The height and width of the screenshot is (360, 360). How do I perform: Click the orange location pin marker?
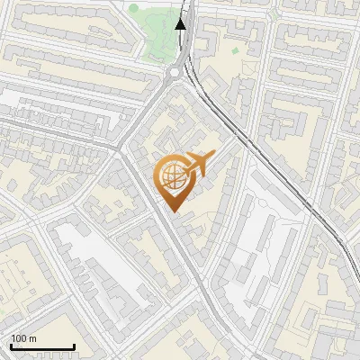174,180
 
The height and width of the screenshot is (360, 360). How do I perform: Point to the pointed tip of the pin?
173,211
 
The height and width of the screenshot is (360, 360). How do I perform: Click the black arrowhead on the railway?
181,23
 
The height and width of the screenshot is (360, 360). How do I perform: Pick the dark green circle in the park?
134,10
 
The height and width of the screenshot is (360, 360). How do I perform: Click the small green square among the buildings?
235,50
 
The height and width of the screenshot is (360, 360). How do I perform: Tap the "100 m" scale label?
23,338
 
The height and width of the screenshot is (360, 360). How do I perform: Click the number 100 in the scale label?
19,338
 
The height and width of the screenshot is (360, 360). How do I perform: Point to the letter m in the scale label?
32,338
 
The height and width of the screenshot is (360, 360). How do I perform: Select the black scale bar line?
41,346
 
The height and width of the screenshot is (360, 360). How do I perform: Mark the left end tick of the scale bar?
10,345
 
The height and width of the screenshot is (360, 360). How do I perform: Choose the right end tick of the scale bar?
74,345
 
